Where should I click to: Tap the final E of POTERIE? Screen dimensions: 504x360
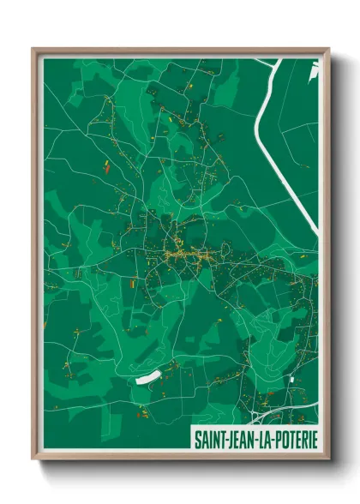click(x=313, y=438)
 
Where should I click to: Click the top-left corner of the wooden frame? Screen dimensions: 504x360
click(x=33, y=50)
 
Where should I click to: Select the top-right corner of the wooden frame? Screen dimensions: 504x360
click(x=328, y=50)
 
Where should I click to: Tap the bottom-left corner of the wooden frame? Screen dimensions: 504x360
click(x=33, y=458)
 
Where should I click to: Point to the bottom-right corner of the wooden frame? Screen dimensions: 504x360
click(x=328, y=458)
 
